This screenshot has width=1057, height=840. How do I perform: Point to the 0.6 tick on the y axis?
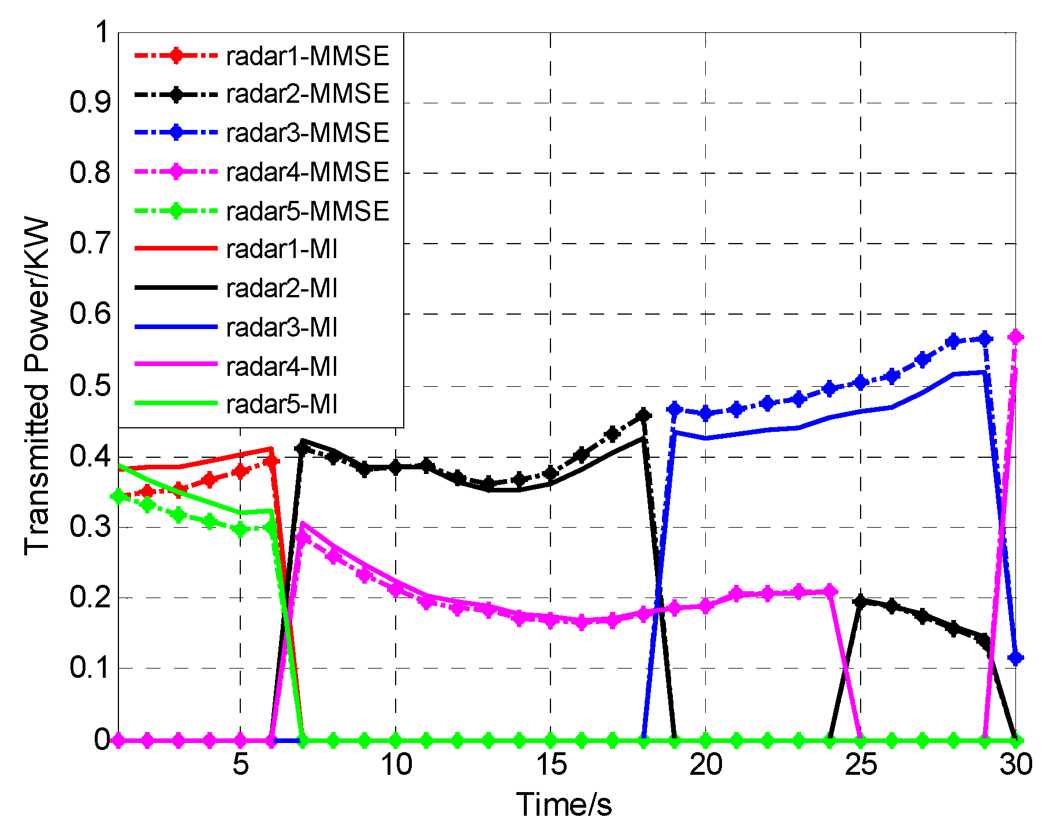90,314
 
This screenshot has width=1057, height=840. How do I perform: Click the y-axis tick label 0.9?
90,103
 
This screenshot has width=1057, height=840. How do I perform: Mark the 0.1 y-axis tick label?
90,668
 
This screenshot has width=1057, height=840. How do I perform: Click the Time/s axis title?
564,805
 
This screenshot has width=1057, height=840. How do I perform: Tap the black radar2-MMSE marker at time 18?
643,415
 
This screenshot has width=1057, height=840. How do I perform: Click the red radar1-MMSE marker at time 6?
271,461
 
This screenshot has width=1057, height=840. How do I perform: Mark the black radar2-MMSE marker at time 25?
861,602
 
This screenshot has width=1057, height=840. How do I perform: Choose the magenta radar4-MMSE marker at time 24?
830,592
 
